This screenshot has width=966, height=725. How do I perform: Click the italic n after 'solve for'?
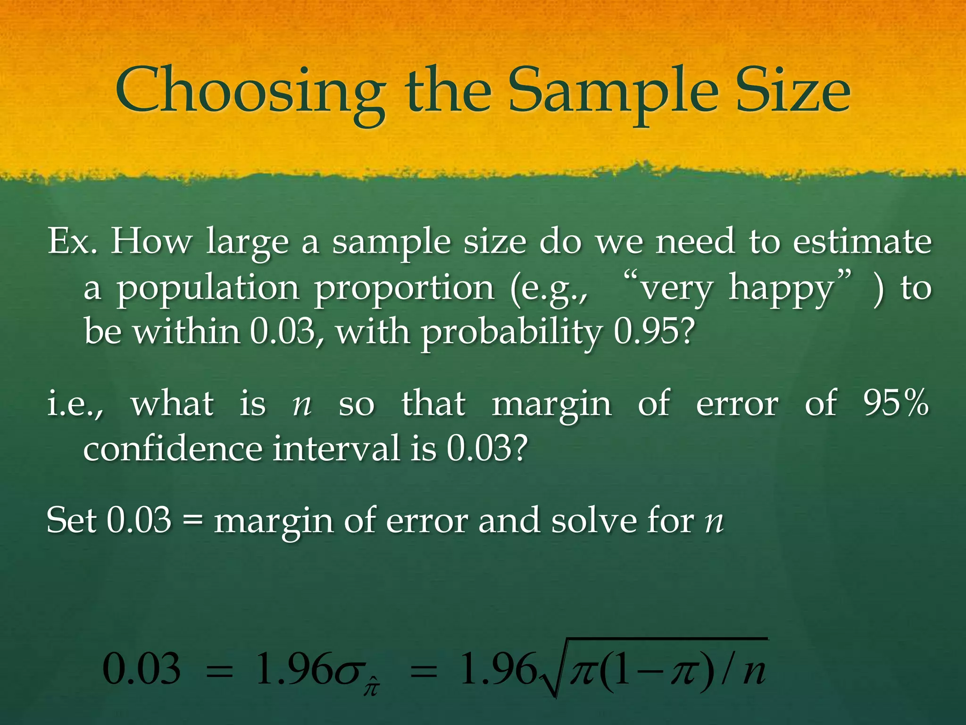click(714, 523)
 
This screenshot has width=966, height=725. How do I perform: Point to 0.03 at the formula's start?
click(142, 669)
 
